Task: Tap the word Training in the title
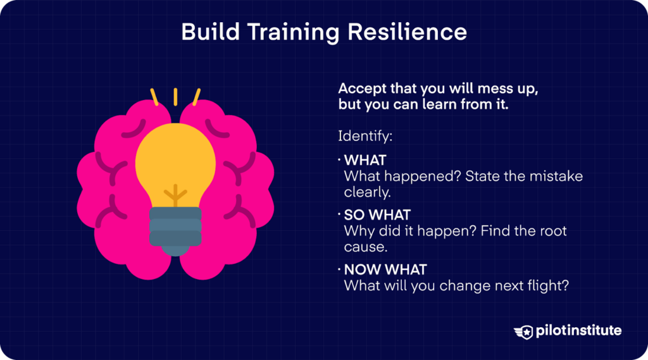[x=296, y=32]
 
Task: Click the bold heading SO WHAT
[x=377, y=214]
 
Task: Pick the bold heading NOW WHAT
[x=385, y=270]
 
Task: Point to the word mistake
[x=555, y=176]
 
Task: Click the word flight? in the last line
[x=545, y=285]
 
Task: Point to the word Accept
[x=361, y=89]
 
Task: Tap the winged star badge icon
[x=526, y=331]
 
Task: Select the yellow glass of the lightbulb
[x=175, y=158]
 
